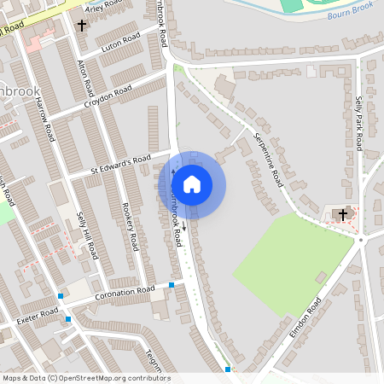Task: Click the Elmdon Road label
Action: coord(305,317)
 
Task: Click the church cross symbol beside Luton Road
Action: coord(82,26)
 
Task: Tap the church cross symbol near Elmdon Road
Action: coord(344,213)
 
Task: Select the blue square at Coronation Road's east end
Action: coord(172,285)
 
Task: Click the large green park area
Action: coord(290,256)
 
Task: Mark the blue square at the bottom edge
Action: coord(228,369)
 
